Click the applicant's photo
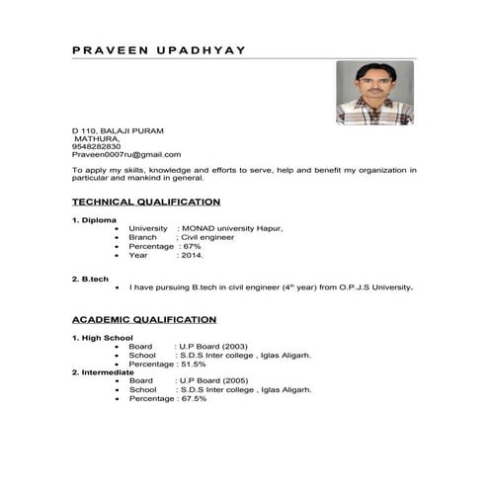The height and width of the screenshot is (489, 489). pos(374,93)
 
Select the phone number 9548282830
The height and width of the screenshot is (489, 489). pos(97,146)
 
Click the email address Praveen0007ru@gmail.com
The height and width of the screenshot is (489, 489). pos(126,155)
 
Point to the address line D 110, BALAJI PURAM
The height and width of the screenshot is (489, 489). pos(118,130)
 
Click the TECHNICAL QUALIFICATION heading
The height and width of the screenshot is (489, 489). pos(146,202)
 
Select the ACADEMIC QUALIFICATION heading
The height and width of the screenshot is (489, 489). pos(144,320)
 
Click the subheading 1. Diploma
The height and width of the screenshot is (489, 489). pos(95,219)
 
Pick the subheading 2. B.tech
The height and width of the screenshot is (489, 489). pos(91,280)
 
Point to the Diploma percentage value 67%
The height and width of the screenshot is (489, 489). pos(192,246)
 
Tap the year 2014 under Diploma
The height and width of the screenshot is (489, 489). pos(192,255)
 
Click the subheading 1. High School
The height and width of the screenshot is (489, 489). pos(102,338)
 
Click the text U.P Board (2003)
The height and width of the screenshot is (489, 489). pos(212,347)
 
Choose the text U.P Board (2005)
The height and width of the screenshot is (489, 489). pos(212,381)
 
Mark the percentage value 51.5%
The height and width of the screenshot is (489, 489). pos(193,365)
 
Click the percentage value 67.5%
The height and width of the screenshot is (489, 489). pos(193,399)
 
